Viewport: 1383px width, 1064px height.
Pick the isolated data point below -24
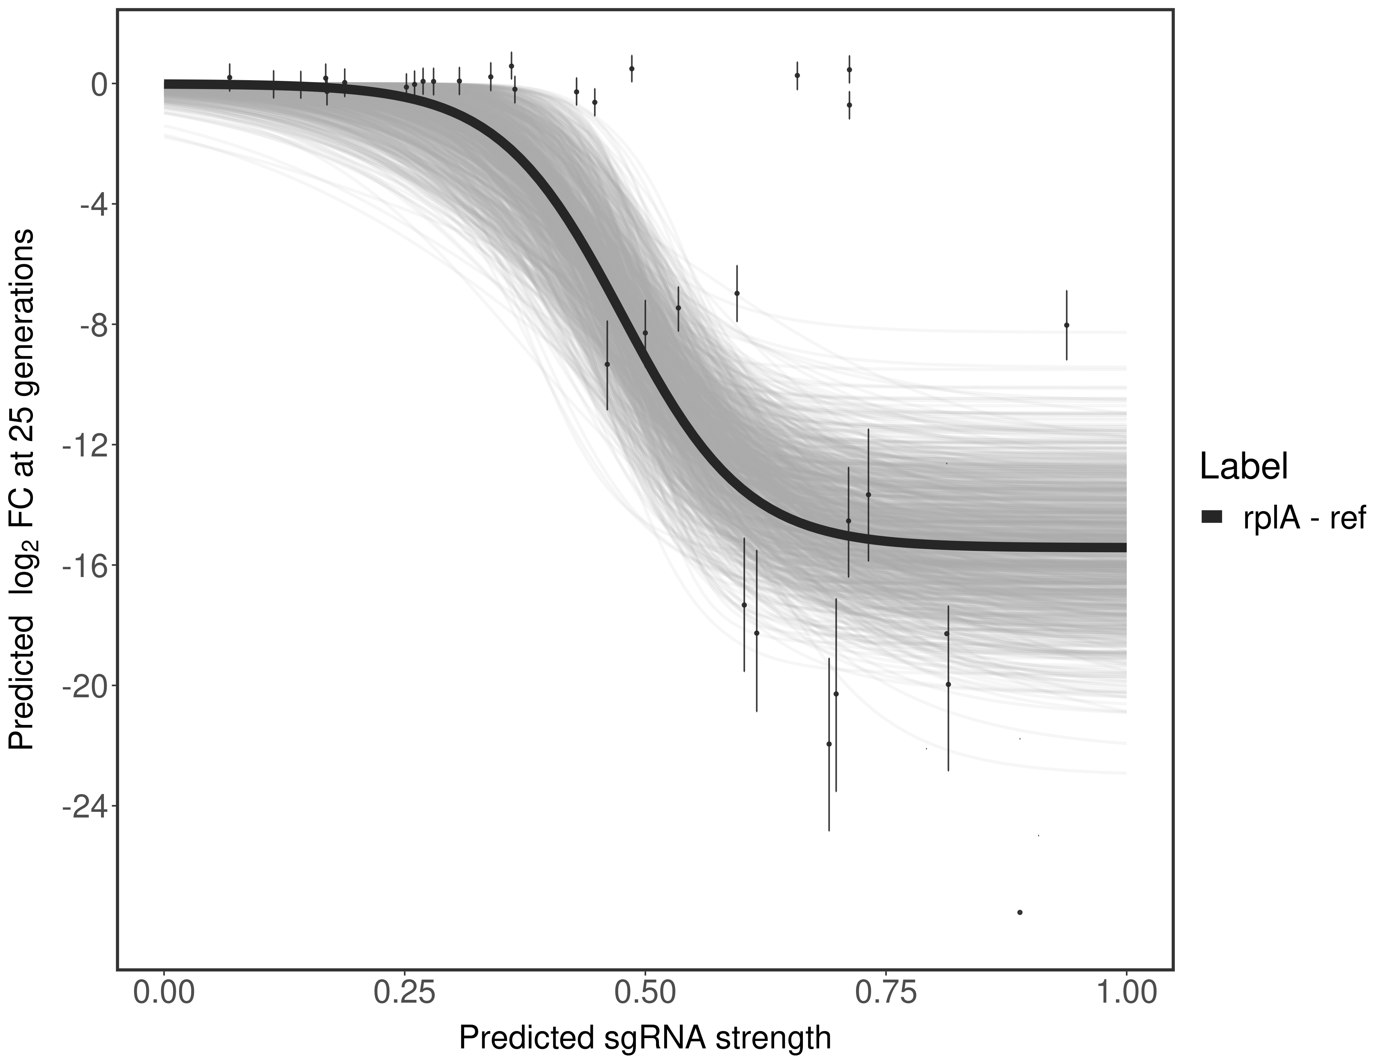[1020, 912]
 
